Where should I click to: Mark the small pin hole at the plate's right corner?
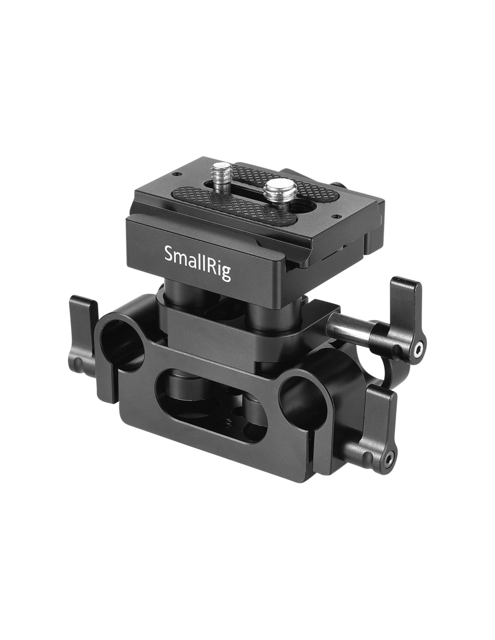(336, 216)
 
